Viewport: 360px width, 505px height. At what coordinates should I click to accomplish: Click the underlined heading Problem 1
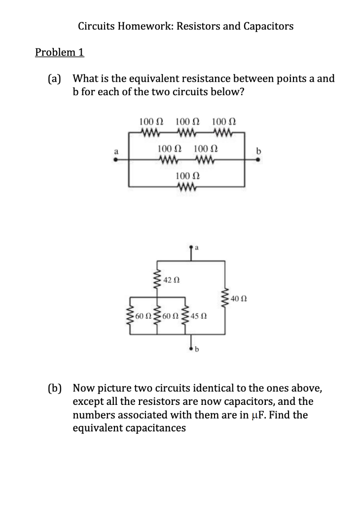tap(60, 52)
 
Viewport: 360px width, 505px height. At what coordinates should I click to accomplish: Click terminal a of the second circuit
tap(191, 247)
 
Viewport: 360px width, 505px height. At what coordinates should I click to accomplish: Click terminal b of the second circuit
tap(191, 349)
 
